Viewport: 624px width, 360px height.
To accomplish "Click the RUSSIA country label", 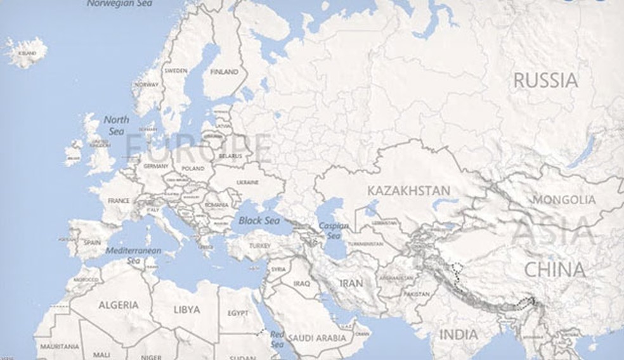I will (x=545, y=80).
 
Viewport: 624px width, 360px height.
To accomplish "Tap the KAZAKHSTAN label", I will (x=408, y=190).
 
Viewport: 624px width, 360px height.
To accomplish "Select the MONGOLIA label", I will (x=564, y=200).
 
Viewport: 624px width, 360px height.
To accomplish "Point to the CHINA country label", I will (x=554, y=269).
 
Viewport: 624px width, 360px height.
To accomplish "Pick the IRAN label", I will (x=351, y=283).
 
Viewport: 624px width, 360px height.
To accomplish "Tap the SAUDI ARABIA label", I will (x=316, y=338).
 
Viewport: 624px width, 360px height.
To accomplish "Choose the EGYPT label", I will (x=238, y=313).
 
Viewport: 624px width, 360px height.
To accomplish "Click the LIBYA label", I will (x=186, y=310).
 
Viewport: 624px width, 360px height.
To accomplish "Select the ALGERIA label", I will (x=118, y=305).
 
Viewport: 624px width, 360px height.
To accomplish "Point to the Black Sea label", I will (x=259, y=221).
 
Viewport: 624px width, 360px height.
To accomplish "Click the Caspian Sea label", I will (x=333, y=230).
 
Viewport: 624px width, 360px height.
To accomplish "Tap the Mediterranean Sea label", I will (x=133, y=255).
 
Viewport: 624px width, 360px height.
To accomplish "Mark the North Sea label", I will (x=116, y=125).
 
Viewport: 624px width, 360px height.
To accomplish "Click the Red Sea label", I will (x=278, y=339).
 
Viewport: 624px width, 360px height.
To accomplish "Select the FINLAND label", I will (x=224, y=72).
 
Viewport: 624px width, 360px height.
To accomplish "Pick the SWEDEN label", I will (x=176, y=71).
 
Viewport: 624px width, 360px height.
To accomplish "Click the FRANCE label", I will (x=119, y=201).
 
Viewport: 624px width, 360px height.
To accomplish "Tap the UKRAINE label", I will (x=247, y=183).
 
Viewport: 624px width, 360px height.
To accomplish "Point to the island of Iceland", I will (x=26, y=52).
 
